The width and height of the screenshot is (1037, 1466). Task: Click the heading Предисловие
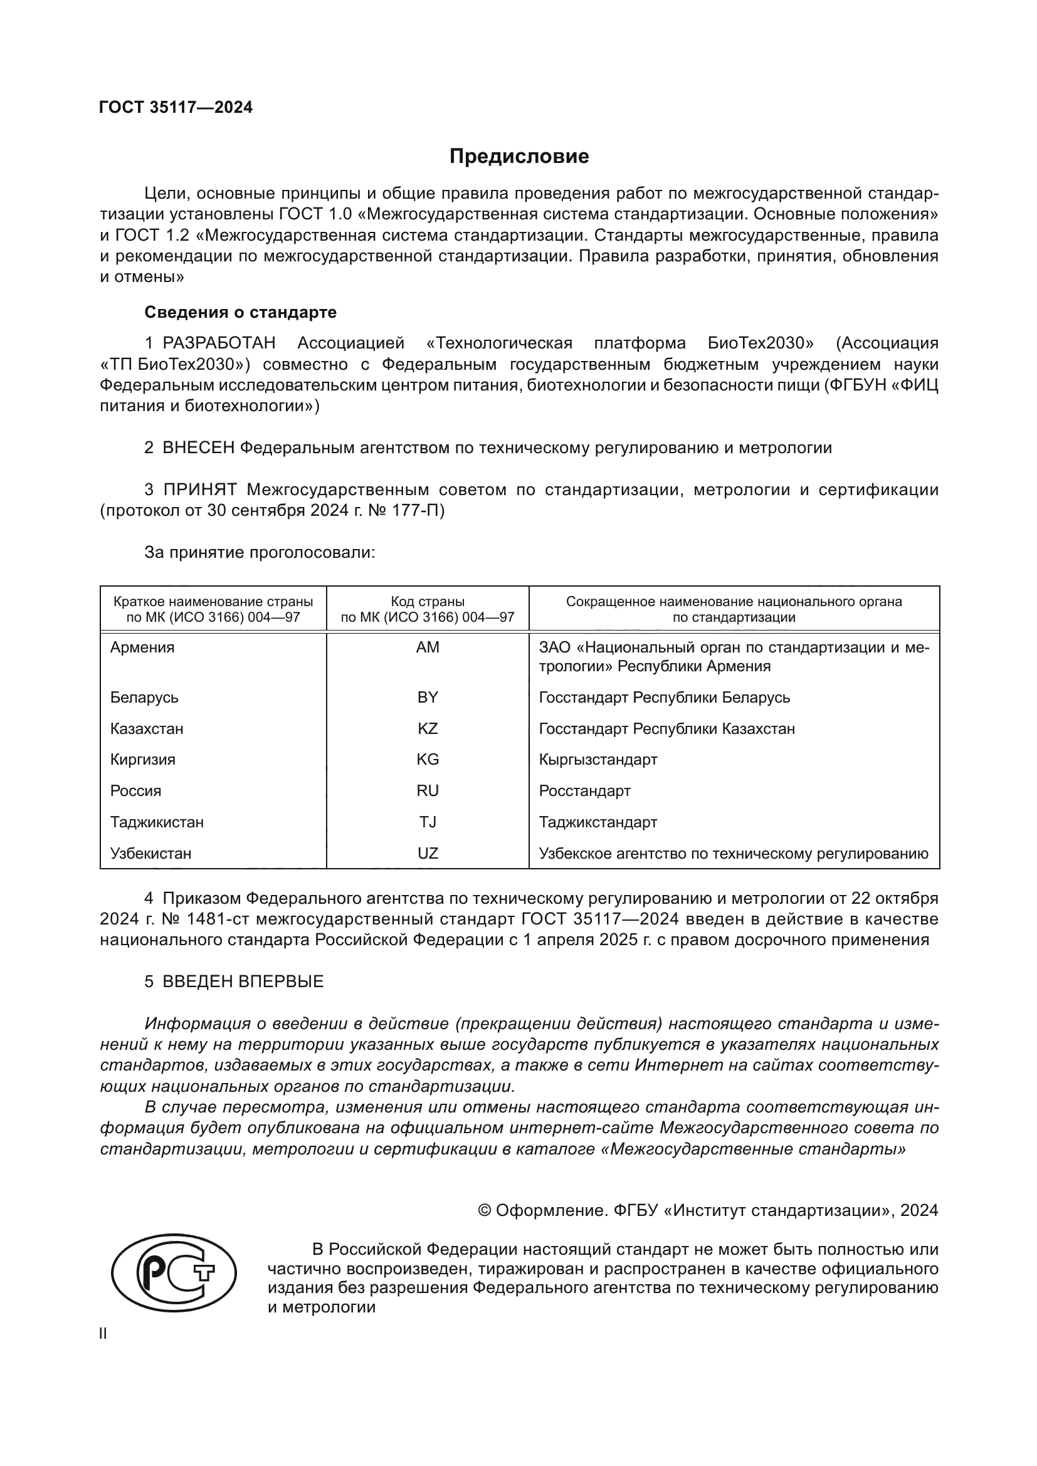518,157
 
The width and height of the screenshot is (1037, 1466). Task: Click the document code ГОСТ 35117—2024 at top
176,107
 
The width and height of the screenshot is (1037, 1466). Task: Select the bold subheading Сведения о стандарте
240,312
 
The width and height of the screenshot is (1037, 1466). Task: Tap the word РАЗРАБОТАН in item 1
219,343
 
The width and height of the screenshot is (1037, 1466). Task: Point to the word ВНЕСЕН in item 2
199,448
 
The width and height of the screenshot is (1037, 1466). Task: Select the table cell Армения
142,647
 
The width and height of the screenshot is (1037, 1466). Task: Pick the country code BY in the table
427,697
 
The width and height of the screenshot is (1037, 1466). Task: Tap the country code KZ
427,728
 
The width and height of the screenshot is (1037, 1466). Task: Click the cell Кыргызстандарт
597,759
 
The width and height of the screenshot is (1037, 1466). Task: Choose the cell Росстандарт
584,790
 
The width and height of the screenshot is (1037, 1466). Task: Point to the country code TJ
427,822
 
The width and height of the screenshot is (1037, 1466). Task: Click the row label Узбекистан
150,853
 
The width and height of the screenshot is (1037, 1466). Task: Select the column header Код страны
427,602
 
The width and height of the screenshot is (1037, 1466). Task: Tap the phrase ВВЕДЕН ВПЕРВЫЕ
243,982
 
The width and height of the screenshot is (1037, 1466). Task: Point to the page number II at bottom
103,1334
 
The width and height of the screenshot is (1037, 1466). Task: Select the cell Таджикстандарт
597,822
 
